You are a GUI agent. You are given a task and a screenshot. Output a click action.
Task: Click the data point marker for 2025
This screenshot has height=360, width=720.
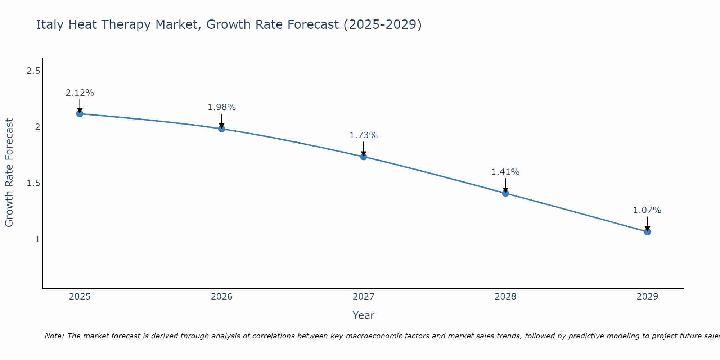point(80,114)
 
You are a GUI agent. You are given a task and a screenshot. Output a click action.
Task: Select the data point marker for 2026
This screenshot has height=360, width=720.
point(222,129)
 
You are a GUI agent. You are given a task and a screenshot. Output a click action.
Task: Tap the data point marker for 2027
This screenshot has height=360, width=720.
point(364,157)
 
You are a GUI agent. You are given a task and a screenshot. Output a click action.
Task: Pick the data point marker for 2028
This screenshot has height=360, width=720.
point(505,193)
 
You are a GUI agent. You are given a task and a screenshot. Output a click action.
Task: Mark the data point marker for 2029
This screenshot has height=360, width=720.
point(647,231)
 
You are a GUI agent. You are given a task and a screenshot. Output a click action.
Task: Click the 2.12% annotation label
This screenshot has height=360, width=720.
point(80,93)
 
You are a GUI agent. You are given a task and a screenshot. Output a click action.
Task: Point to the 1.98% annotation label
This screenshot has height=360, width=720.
point(222,107)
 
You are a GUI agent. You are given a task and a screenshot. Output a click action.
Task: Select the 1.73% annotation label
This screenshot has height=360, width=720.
point(364,135)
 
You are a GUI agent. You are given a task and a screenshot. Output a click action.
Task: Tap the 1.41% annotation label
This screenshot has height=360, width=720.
point(505,172)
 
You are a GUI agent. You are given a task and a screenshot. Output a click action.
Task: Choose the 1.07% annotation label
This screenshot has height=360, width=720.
point(647,210)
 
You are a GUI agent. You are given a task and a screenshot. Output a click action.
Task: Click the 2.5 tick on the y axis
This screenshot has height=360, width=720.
point(33,71)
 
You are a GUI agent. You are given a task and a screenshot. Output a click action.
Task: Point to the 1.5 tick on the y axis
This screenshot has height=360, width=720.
point(33,183)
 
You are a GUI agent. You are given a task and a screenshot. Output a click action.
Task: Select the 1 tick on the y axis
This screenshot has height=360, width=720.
point(37,239)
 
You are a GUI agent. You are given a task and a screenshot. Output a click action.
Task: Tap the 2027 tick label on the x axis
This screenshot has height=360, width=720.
point(364,297)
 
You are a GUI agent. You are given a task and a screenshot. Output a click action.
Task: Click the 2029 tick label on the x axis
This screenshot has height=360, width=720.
point(647,297)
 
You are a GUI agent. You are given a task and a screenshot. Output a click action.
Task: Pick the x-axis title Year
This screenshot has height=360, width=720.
point(364,315)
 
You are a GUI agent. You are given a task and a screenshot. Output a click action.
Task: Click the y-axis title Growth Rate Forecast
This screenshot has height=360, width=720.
point(9,173)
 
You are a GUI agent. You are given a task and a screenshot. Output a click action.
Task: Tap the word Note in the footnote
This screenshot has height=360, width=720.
point(54,336)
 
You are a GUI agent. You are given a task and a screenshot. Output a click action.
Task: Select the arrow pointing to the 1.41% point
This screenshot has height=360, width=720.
point(505,185)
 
